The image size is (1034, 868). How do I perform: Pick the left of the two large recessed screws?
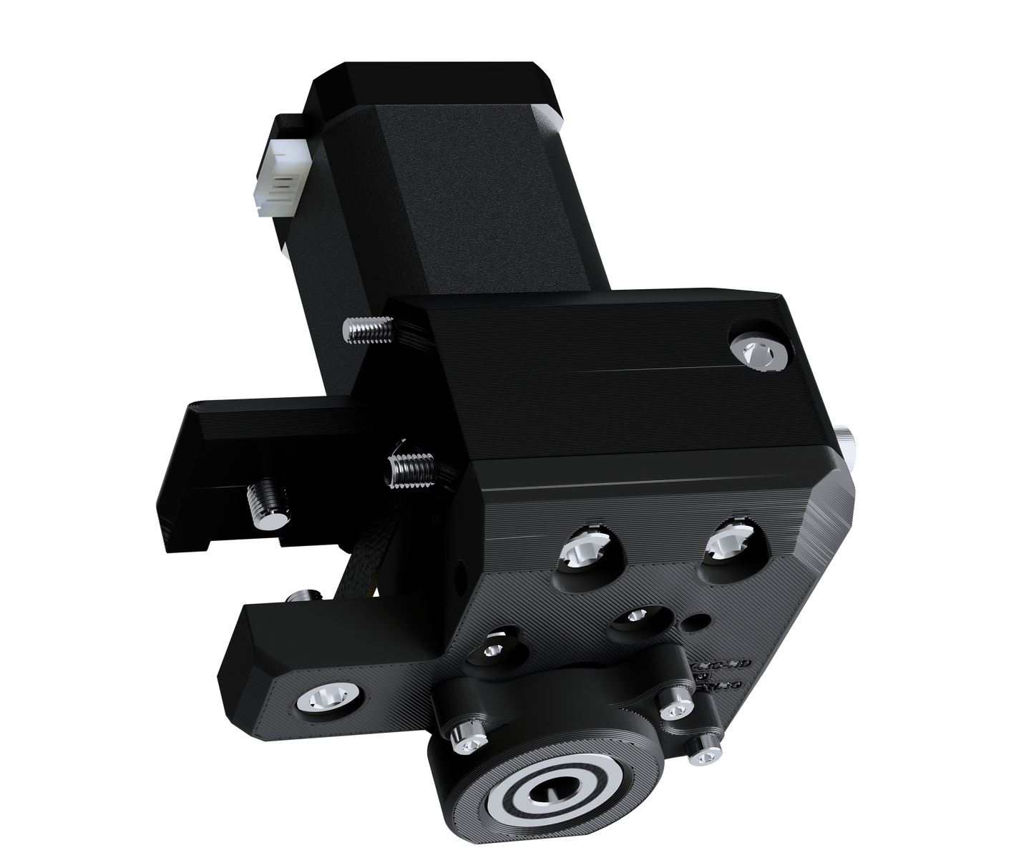click(584, 554)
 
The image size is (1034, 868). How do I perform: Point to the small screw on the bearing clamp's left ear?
click(471, 744)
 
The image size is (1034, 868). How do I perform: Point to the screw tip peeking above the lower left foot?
click(305, 593)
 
